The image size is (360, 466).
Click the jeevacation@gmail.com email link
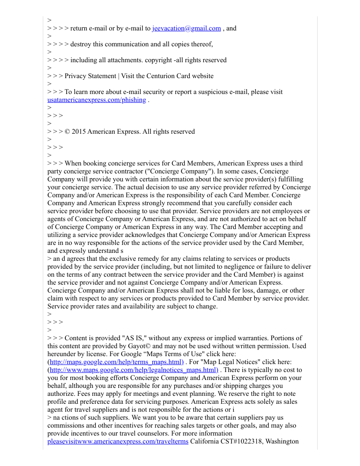click(x=187, y=29)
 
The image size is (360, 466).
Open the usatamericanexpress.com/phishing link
click(x=97, y=100)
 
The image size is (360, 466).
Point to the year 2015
click(x=79, y=132)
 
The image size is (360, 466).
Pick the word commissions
click(x=68, y=426)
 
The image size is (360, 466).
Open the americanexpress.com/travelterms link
click(x=118, y=442)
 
